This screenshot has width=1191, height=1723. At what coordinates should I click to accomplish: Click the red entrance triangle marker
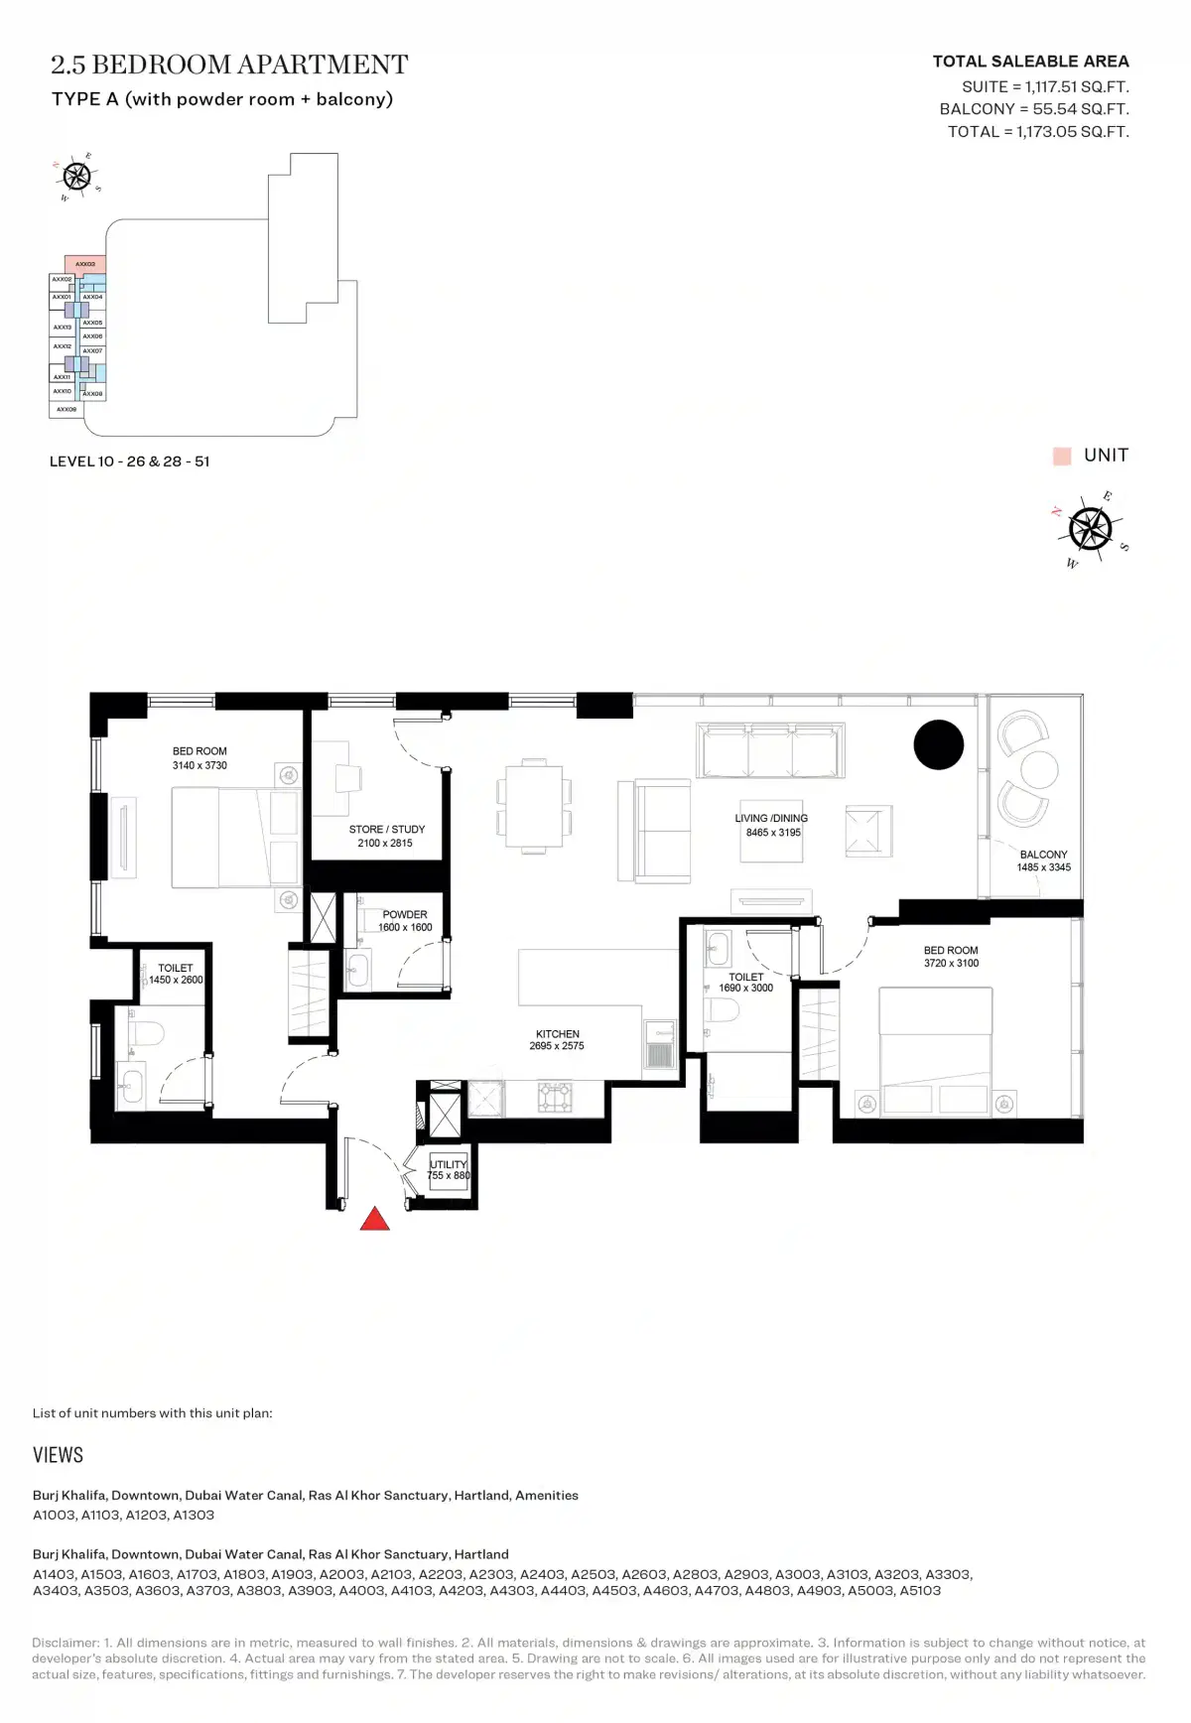[x=374, y=1220]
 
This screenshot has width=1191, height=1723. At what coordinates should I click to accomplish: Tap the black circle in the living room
[x=938, y=744]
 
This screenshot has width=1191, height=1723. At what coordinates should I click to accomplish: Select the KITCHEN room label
[x=557, y=1034]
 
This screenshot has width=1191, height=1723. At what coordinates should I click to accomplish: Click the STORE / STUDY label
[x=386, y=830]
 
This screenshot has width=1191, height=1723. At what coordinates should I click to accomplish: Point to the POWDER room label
[x=405, y=914]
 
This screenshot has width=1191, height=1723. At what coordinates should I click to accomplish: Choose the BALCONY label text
[x=1043, y=855]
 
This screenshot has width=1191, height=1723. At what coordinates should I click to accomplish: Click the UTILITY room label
[x=448, y=1164]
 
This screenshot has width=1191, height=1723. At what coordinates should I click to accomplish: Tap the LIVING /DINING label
[x=771, y=819]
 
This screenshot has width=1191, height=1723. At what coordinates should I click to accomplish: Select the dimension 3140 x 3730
[x=199, y=765]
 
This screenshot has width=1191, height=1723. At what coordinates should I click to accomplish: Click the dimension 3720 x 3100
[x=951, y=963]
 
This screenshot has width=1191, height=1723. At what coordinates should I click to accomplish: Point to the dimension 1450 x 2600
[x=176, y=980]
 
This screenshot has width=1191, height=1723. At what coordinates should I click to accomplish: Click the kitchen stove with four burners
[x=555, y=1097]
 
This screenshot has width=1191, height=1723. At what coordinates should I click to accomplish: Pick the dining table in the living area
[x=534, y=805]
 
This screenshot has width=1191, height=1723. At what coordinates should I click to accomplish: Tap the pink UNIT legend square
[x=1062, y=456]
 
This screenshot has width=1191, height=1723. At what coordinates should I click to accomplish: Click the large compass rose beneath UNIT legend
[x=1090, y=528]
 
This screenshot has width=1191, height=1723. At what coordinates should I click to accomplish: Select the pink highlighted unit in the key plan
[x=85, y=264]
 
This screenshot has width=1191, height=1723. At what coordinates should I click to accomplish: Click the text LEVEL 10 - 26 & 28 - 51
[x=129, y=462]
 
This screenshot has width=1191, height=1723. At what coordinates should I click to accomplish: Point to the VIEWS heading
[x=58, y=1455]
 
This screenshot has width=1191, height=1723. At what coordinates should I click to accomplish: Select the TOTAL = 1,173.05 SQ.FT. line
[x=1038, y=132]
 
